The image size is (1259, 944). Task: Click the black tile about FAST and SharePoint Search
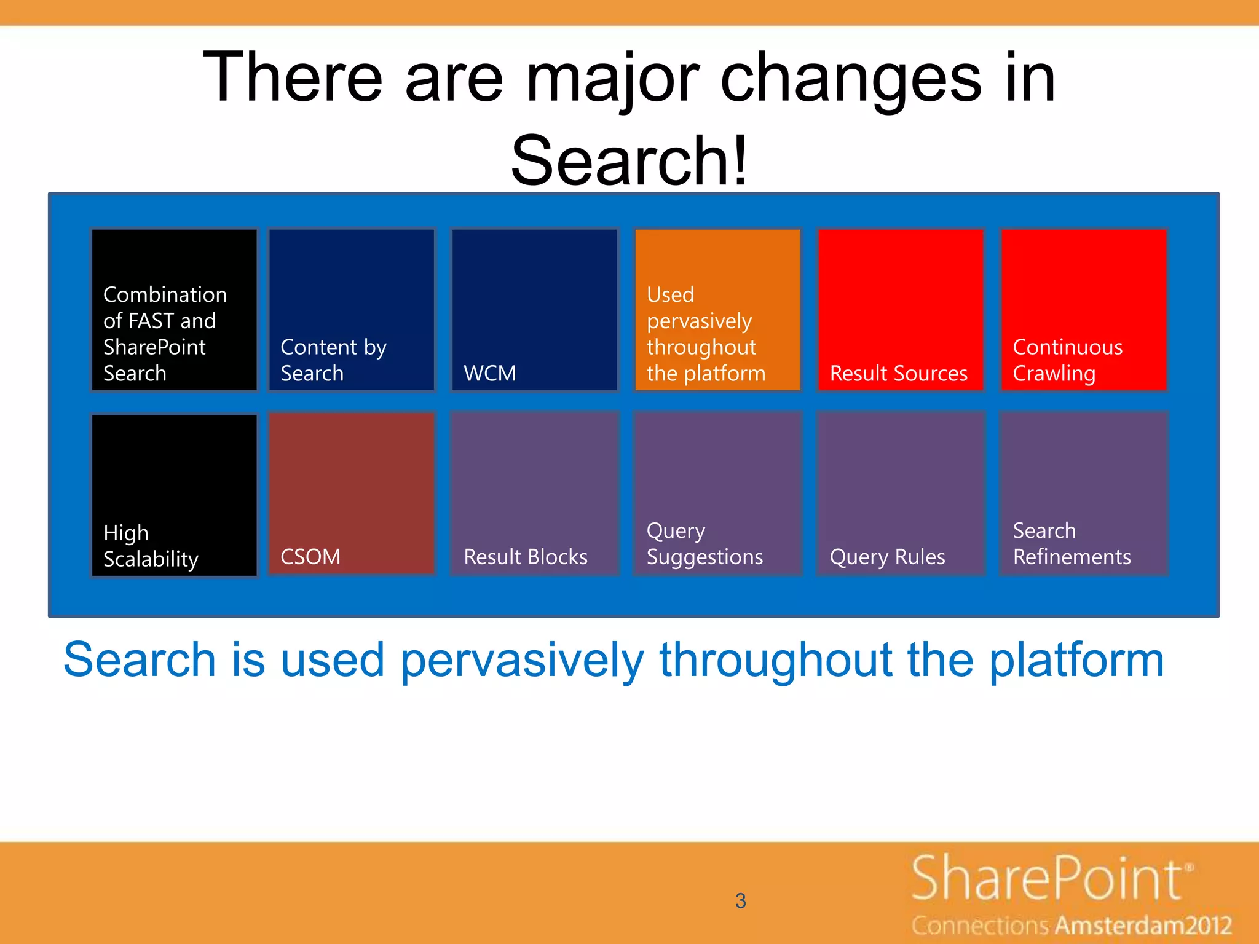coord(175,310)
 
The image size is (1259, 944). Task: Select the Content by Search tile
coord(352,310)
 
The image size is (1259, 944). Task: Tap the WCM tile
coord(534,310)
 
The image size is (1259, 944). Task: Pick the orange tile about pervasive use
coord(717,310)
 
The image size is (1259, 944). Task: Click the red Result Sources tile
coord(900,310)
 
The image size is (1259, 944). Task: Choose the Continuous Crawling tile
coord(1083,310)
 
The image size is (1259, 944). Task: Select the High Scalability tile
coord(175,495)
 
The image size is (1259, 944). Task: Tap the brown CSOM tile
coord(352,494)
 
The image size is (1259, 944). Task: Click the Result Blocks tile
coord(534,494)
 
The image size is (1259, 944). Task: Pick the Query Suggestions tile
coord(717,494)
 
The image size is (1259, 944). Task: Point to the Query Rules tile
coord(900,494)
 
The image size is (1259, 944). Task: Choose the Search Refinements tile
coord(1083,494)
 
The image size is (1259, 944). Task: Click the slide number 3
coord(740,901)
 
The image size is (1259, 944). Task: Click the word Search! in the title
coord(629,161)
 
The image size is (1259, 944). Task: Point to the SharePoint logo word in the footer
coord(1048,879)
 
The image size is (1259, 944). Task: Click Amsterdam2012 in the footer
coord(1144,926)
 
